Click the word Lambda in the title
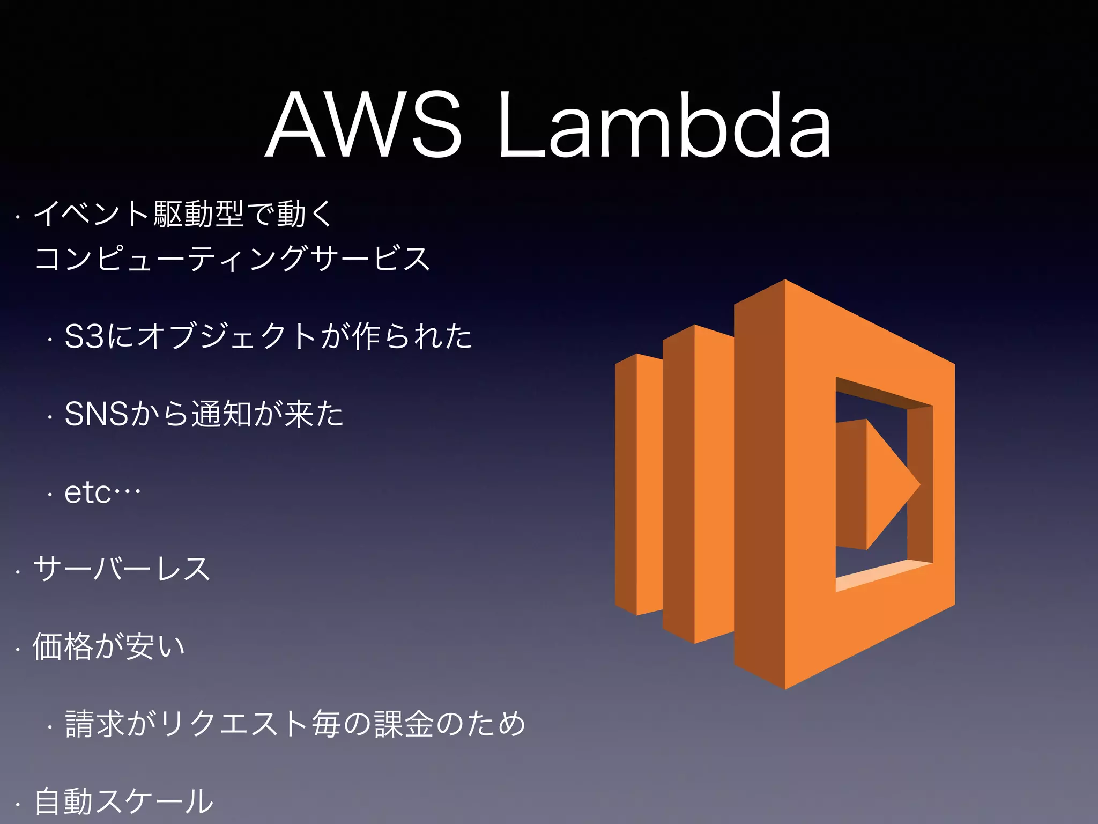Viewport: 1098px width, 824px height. pyautogui.click(x=665, y=126)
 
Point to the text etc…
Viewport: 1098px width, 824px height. pyautogui.click(x=102, y=492)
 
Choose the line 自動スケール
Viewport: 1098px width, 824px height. pyautogui.click(x=124, y=801)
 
